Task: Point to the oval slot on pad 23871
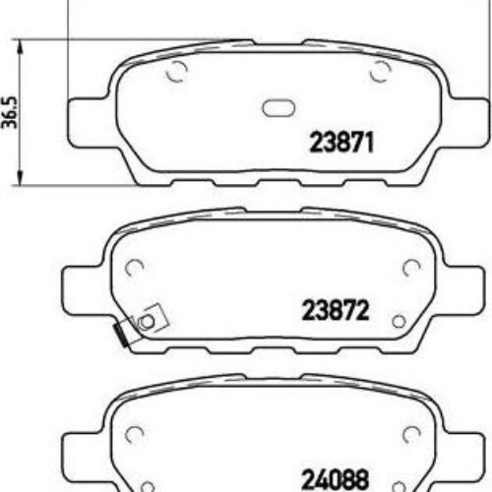(x=278, y=110)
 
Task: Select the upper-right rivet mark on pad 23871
(x=380, y=71)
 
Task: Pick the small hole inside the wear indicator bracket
(x=149, y=319)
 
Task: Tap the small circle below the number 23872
(x=398, y=321)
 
